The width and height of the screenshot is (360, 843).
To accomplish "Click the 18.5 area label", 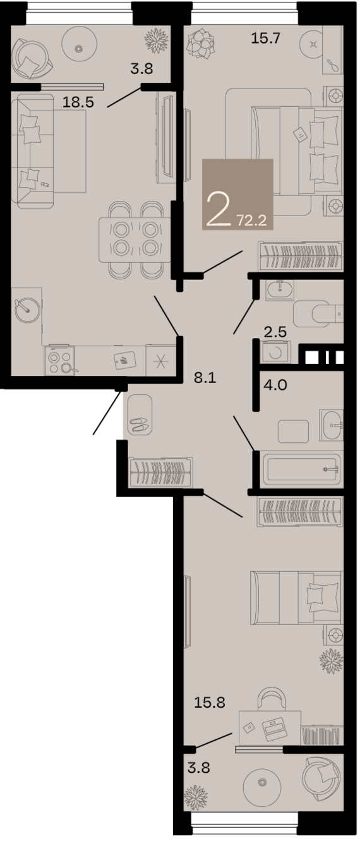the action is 78,102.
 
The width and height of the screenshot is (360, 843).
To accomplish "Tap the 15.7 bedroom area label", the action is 266,38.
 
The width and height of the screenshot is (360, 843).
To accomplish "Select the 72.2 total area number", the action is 251,220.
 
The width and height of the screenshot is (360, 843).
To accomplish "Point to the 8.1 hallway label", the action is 205,377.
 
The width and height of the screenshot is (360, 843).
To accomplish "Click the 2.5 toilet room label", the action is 275,332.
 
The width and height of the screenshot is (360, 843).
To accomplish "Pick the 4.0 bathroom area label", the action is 275,385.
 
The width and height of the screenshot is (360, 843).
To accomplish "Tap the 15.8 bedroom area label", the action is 210,702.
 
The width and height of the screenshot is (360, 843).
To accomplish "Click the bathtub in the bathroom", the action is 302,470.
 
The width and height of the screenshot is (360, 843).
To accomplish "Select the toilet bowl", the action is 318,313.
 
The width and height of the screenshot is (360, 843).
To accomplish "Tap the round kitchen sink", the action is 27,310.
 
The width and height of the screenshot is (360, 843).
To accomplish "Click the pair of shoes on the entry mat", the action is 140,425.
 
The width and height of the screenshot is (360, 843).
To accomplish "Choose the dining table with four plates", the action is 135,240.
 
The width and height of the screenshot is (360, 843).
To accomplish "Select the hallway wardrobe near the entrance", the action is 160,472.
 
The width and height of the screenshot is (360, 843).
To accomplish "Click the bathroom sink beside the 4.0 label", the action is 331,425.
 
